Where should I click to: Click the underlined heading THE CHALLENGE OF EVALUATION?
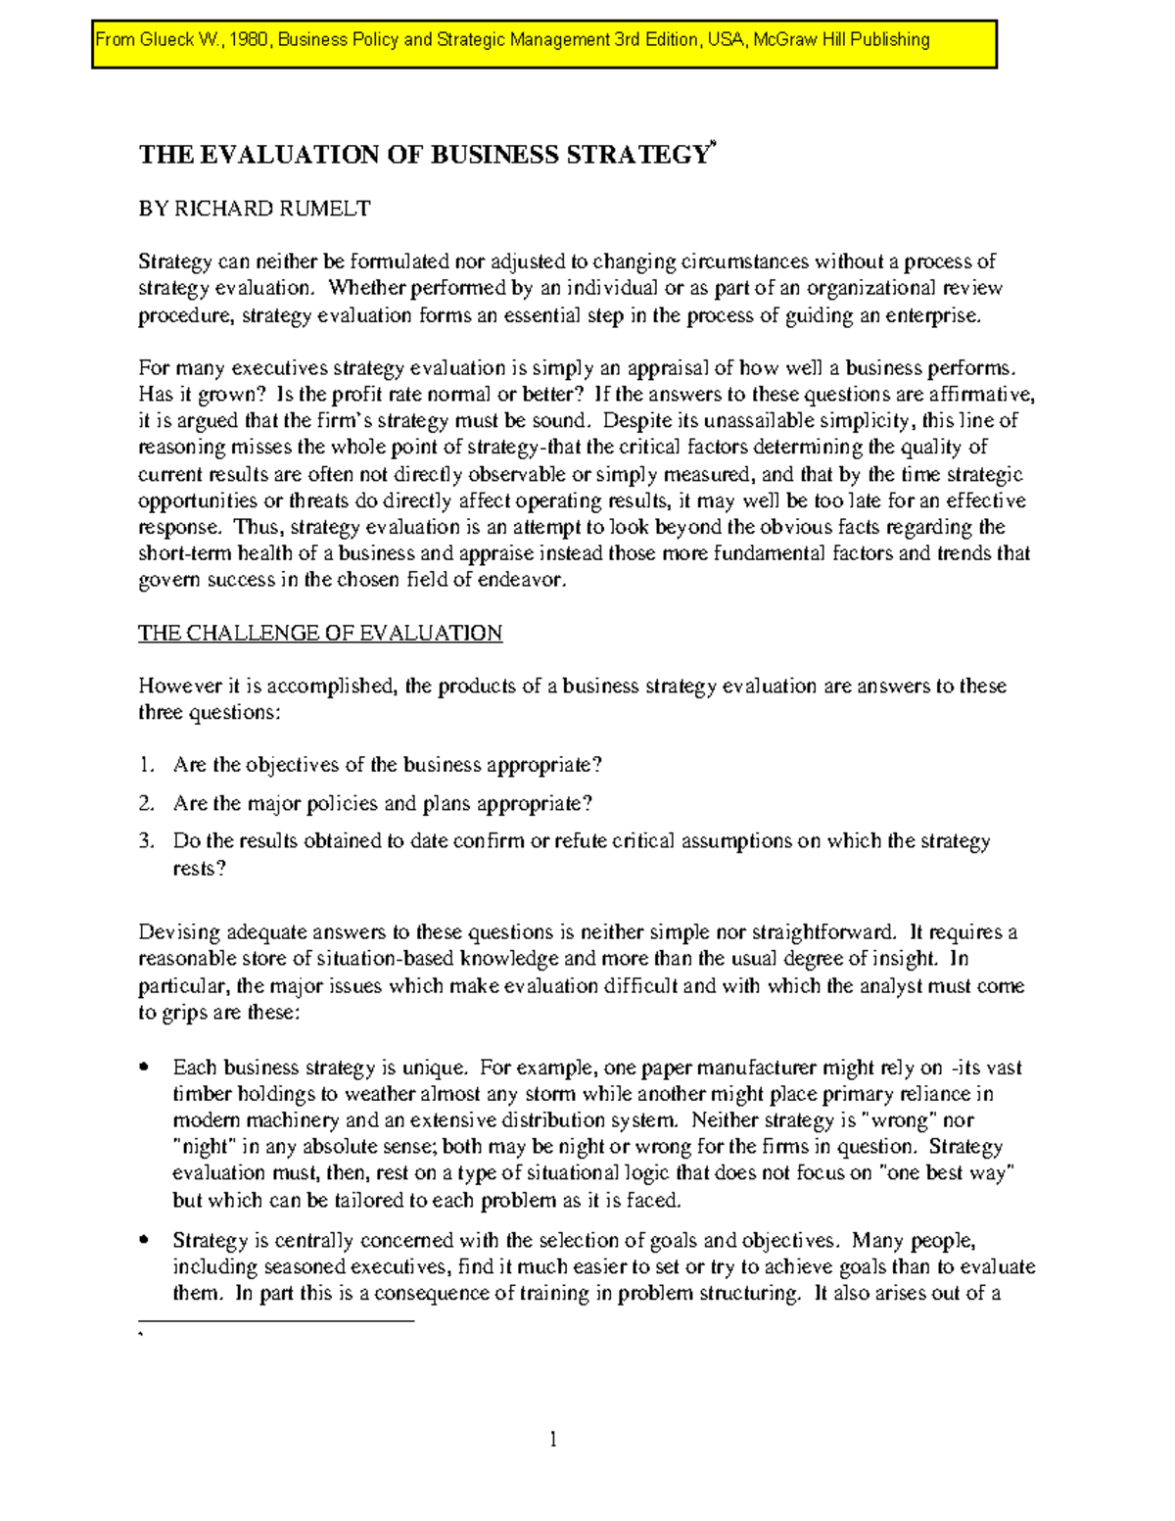coord(320,634)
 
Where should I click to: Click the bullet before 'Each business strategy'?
coord(145,1067)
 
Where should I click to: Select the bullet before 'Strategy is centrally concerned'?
coord(145,1240)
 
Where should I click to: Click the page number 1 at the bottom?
coord(553,1439)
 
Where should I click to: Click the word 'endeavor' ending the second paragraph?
coord(529,580)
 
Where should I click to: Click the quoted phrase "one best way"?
coord(947,1173)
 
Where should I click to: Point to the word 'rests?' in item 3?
coord(199,869)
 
